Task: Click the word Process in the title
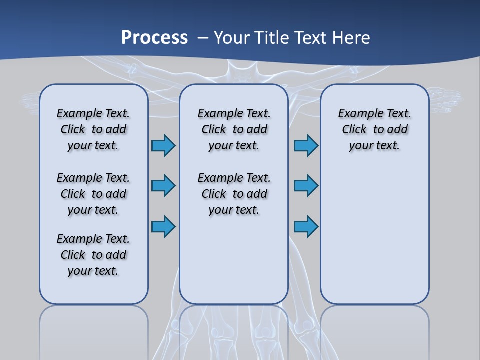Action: (x=154, y=37)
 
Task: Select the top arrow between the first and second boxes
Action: (x=163, y=145)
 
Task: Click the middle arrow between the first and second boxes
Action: (x=163, y=186)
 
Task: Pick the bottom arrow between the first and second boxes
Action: (x=163, y=227)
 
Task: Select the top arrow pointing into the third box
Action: (x=306, y=145)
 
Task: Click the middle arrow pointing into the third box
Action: (x=306, y=186)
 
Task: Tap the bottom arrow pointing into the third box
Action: (x=306, y=227)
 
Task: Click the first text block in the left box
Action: (x=93, y=129)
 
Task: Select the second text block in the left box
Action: (x=93, y=194)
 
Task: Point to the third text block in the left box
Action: (x=93, y=255)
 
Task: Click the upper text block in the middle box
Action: (x=234, y=129)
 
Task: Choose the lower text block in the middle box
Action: (x=234, y=194)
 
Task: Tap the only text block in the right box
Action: (x=374, y=129)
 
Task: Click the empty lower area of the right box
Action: (x=374, y=235)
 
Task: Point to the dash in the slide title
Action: (x=203, y=38)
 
